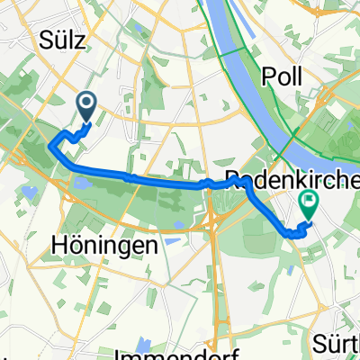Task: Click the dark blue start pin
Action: (x=87, y=107)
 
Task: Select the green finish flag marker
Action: (x=308, y=205)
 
